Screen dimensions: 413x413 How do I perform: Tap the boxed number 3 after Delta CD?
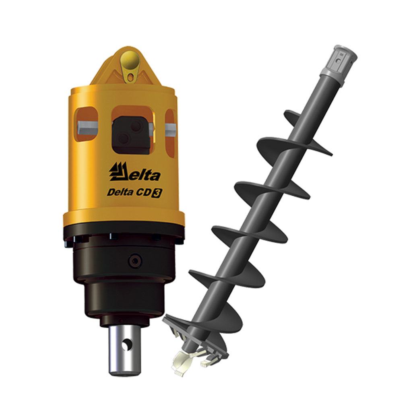point(157,194)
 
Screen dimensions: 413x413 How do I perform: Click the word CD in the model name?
point(144,193)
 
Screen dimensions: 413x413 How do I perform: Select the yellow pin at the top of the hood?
point(129,60)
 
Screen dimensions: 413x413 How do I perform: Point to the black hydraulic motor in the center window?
point(131,134)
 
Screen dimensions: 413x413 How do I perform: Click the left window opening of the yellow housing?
point(87,124)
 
